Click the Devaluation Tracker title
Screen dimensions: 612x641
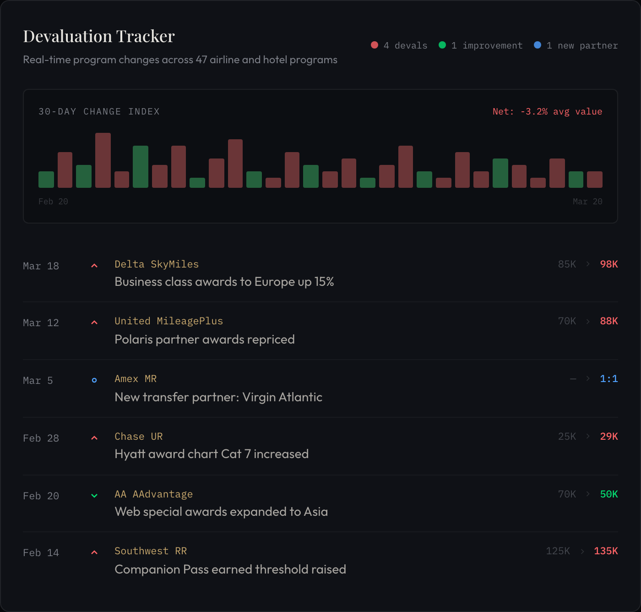click(x=99, y=36)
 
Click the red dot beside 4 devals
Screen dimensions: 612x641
click(x=375, y=45)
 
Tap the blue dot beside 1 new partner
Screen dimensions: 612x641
click(x=538, y=45)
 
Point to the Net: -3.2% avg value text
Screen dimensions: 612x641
click(x=547, y=111)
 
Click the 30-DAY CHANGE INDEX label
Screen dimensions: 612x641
click(x=99, y=111)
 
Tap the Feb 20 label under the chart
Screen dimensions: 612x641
click(x=53, y=202)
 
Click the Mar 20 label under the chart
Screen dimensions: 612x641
click(x=587, y=202)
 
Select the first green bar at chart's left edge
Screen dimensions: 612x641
click(x=46, y=180)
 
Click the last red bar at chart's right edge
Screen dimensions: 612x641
click(x=594, y=180)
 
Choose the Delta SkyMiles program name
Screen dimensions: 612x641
click(x=157, y=264)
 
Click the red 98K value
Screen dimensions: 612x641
click(x=608, y=264)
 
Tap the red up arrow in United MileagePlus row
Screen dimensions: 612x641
click(x=94, y=322)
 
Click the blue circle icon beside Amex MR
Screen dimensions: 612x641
click(x=94, y=380)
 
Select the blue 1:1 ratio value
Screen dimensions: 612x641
click(x=608, y=379)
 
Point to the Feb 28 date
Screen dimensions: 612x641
click(x=41, y=438)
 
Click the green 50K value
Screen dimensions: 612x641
click(x=608, y=494)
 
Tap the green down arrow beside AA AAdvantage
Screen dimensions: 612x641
click(x=94, y=496)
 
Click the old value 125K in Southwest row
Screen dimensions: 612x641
click(x=558, y=551)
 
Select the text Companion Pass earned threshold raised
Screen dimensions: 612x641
click(x=230, y=569)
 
